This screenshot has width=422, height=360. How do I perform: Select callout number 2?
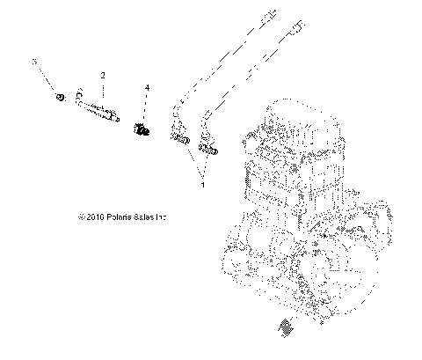[103, 76]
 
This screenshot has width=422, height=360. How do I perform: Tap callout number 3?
[34, 62]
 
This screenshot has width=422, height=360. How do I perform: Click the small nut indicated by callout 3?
[59, 97]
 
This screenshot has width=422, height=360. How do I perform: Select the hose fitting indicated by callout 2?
[98, 108]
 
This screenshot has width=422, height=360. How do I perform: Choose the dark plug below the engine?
[284, 327]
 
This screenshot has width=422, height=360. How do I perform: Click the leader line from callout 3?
[47, 79]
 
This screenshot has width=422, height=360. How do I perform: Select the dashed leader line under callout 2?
[103, 91]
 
